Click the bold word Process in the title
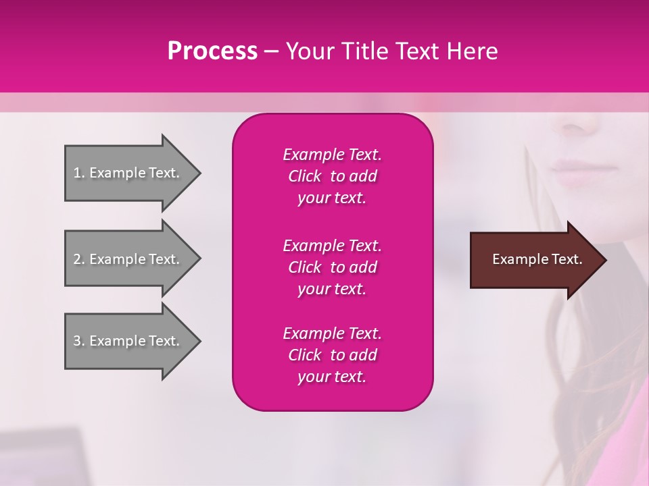[212, 51]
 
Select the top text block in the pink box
[332, 176]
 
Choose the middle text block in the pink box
[332, 267]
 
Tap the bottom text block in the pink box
[332, 355]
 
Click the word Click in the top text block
[304, 176]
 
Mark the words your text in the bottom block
[332, 377]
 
